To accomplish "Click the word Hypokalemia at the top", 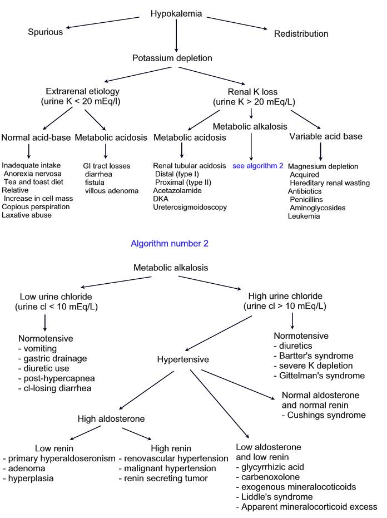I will [x=177, y=13].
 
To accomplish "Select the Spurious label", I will [x=46, y=32].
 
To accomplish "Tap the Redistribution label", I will [x=301, y=34].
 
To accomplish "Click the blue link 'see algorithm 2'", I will [x=253, y=166].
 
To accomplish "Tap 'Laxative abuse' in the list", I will [x=27, y=215].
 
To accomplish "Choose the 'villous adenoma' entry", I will [x=112, y=191].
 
